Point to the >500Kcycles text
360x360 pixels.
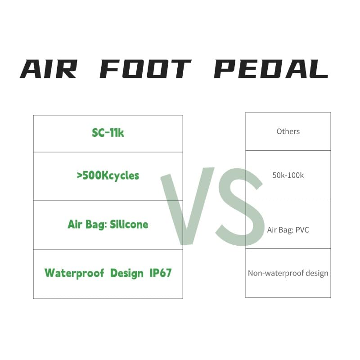pyautogui.click(x=108, y=175)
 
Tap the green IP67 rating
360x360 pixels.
pyautogui.click(x=160, y=273)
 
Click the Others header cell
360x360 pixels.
pyautogui.click(x=288, y=131)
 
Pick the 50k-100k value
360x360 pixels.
pyautogui.click(x=288, y=175)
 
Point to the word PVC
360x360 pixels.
pyautogui.click(x=301, y=230)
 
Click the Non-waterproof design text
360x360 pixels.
pyautogui.click(x=288, y=273)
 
